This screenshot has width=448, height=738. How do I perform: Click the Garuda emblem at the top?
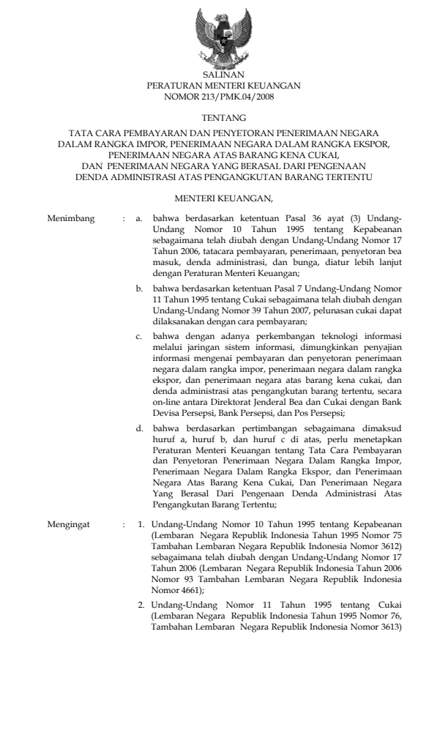[x=223, y=37]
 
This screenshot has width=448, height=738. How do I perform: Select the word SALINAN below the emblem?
[x=223, y=75]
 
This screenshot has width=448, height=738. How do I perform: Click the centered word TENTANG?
[x=223, y=117]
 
